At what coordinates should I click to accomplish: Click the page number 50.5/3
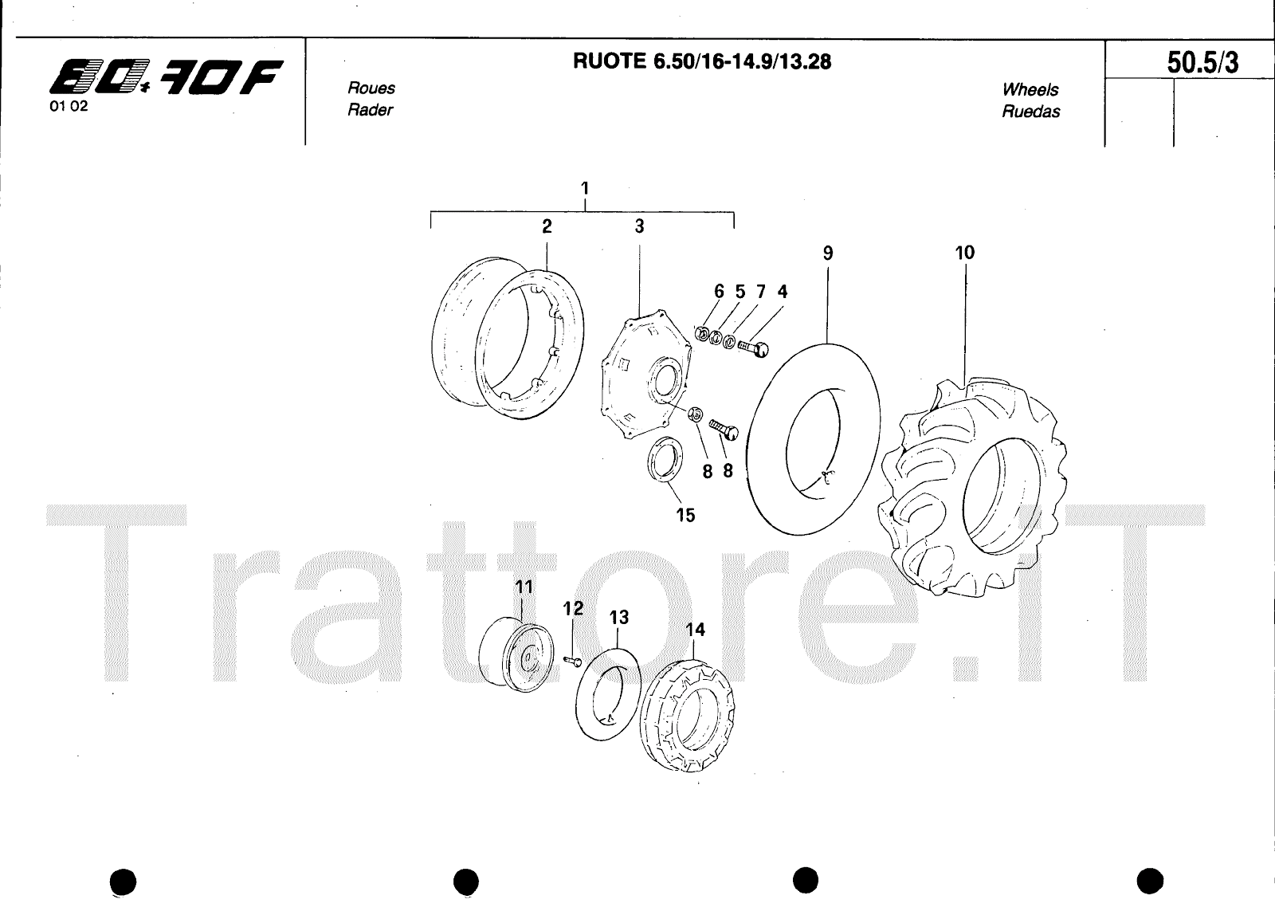coord(1202,63)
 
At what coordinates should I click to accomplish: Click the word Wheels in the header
coord(1030,89)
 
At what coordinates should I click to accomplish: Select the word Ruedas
coord(1031,111)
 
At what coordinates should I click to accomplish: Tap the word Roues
coord(371,88)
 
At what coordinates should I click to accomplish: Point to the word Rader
coord(370,109)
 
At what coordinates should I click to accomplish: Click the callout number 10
coord(965,252)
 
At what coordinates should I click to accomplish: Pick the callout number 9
coord(828,253)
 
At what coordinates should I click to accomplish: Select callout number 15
coord(685,515)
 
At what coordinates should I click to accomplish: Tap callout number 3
coord(639,226)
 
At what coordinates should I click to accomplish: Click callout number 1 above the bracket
coord(585,188)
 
